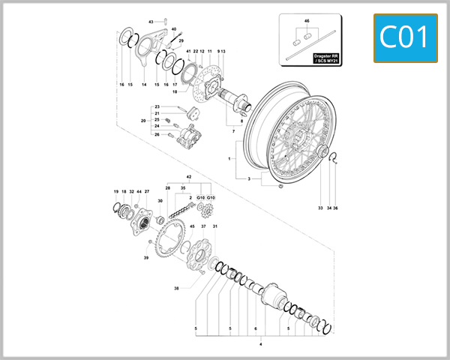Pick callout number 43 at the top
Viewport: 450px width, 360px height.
[150, 22]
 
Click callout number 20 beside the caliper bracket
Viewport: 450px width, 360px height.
[142, 120]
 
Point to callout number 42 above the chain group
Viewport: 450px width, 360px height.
[190, 177]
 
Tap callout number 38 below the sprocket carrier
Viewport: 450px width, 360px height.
[176, 288]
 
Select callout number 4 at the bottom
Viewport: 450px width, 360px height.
[260, 343]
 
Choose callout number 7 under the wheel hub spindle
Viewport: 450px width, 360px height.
[233, 131]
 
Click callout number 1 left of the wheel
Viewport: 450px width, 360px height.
[229, 159]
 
